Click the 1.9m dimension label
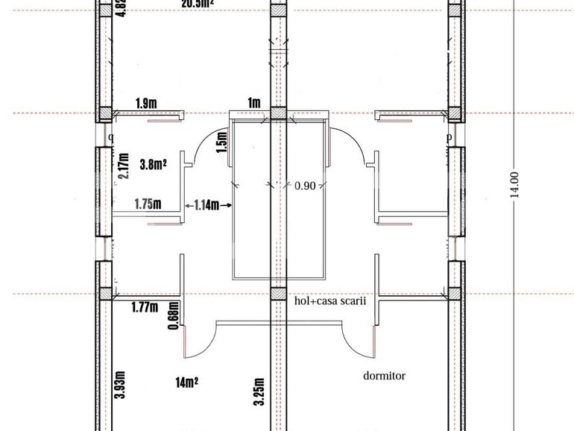pyautogui.click(x=146, y=103)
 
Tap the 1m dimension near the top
pyautogui.click(x=254, y=103)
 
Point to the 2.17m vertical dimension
pyautogui.click(x=124, y=166)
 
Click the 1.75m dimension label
pyautogui.click(x=148, y=203)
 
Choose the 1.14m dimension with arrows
pyautogui.click(x=206, y=204)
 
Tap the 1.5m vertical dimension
pyautogui.click(x=221, y=139)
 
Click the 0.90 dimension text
pyautogui.click(x=305, y=185)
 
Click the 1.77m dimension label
pyautogui.click(x=145, y=306)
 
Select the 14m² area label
pyautogui.click(x=186, y=383)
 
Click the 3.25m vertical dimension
pyautogui.click(x=259, y=390)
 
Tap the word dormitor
pyautogui.click(x=384, y=376)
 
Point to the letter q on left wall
pyautogui.click(x=111, y=136)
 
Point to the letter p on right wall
pyautogui.click(x=449, y=137)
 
